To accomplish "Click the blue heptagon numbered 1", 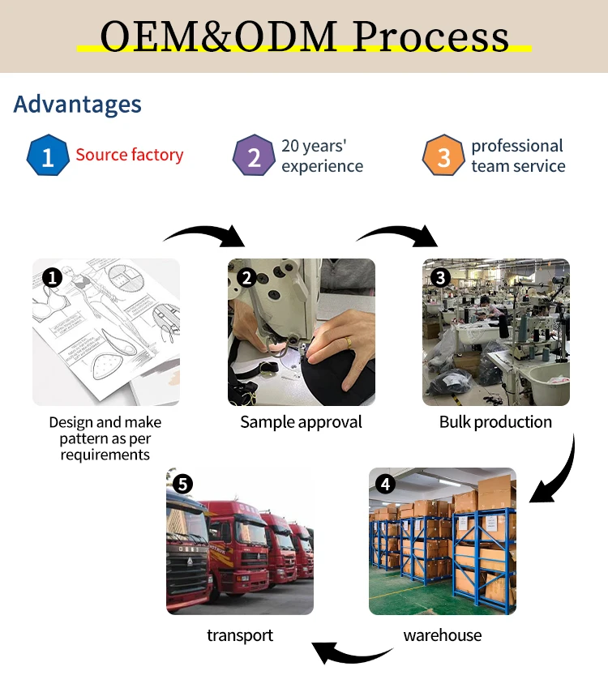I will point(48,156).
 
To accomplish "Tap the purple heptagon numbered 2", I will point(254,156).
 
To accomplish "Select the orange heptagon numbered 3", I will point(443,156).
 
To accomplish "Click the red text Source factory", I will point(130,155).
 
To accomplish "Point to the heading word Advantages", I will point(78,105).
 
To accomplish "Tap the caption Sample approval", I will point(301,422).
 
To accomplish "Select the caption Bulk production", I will point(495,422).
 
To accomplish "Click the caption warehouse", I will point(442,635).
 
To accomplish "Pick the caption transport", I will point(240,635).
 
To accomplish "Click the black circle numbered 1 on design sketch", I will point(52,279).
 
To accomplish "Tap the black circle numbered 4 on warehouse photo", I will point(385,485).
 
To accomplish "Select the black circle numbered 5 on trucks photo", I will point(182,485).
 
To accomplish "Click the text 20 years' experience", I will point(322,156).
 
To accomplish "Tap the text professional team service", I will point(518,156).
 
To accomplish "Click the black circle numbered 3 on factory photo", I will point(440,278).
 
